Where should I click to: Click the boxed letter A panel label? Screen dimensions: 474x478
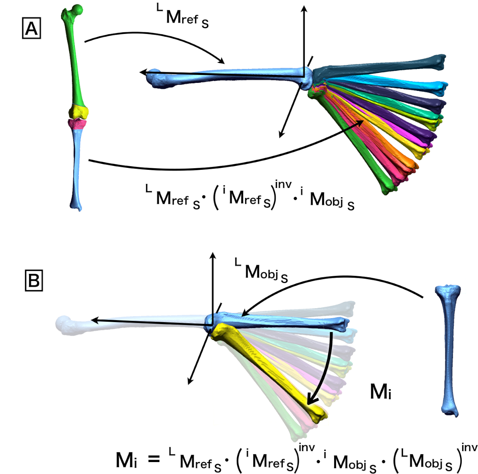tap(31, 29)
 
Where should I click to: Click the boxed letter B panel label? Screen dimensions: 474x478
tap(33, 281)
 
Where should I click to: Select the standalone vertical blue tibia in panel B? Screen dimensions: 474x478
tap(449, 351)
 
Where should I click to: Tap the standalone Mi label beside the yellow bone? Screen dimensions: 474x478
tap(380, 392)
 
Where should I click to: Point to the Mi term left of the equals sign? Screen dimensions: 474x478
tap(126, 460)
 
